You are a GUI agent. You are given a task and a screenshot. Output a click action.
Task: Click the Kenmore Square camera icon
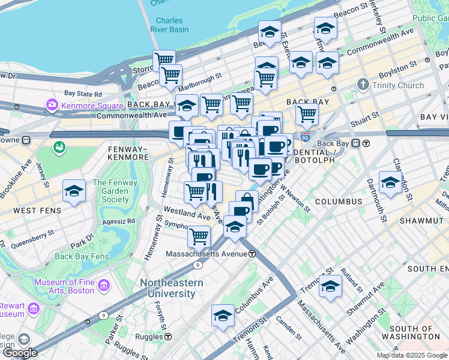(52, 106)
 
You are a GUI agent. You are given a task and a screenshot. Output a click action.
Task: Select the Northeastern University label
(168, 288)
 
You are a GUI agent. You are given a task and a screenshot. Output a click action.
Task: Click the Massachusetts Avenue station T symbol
(253, 254)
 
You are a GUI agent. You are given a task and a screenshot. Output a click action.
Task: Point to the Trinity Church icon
(363, 85)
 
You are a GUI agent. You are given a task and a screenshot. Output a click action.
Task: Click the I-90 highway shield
(306, 138)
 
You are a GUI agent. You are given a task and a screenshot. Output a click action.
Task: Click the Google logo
(20, 353)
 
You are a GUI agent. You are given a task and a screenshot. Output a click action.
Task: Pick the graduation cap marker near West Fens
(74, 191)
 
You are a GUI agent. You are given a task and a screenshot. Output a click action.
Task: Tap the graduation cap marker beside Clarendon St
(390, 182)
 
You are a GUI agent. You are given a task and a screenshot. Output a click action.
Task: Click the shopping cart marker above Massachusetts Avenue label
(199, 236)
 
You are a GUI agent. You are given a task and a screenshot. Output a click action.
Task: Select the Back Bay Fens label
(82, 256)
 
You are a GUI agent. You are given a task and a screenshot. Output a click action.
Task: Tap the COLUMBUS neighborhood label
(339, 202)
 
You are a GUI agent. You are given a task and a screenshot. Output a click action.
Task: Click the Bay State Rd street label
(83, 94)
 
